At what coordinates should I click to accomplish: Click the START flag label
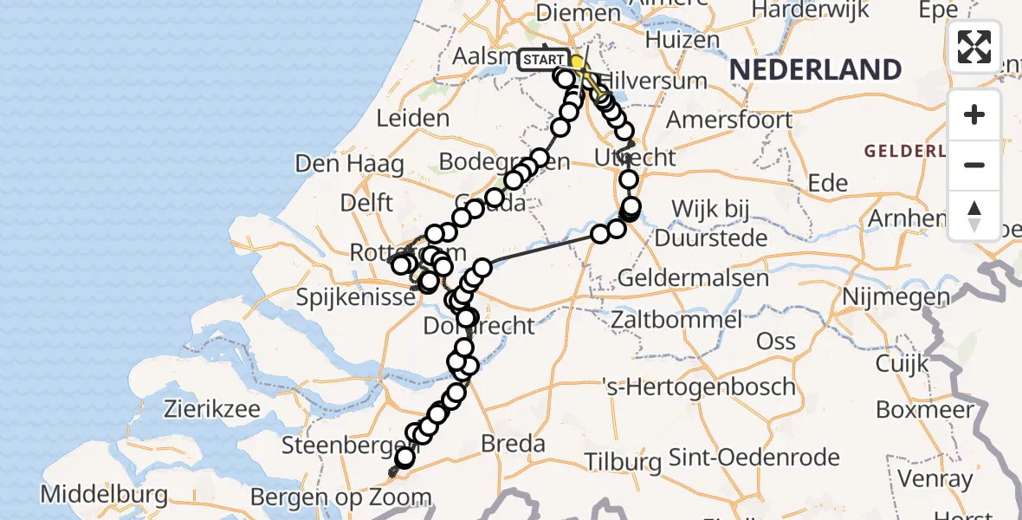point(544,60)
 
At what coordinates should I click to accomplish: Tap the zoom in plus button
point(974,114)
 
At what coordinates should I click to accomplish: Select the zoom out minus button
point(974,165)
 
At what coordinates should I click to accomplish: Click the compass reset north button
point(974,215)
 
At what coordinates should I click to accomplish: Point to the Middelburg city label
point(104,495)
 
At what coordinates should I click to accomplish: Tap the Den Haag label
point(349,164)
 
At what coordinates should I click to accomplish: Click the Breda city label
point(514,445)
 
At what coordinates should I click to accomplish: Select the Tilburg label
point(623,461)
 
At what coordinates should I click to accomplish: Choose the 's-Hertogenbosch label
point(700,387)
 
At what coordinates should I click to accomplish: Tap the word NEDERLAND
point(815,69)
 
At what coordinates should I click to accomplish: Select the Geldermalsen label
point(694,278)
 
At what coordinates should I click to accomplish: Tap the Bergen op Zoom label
point(340,498)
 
